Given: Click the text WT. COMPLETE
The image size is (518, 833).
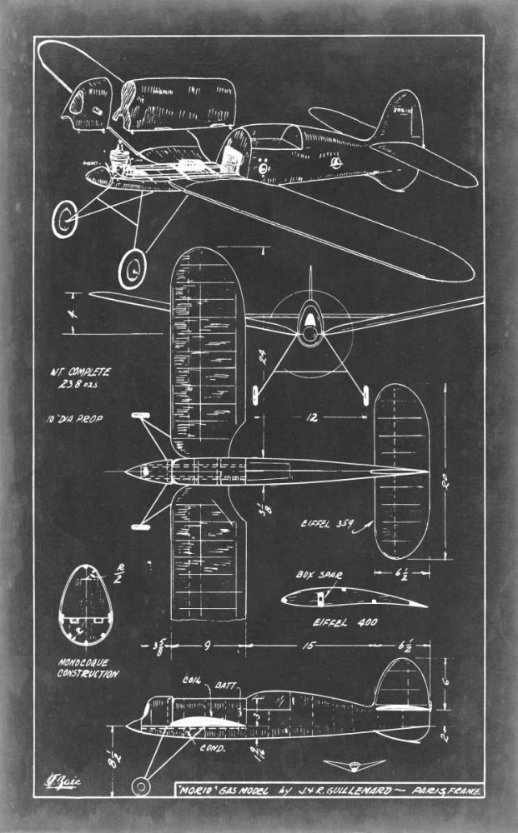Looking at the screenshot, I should [x=80, y=372].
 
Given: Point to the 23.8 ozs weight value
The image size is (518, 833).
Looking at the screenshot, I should [x=82, y=387].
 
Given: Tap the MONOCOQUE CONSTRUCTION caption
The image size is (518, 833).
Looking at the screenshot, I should [x=88, y=668].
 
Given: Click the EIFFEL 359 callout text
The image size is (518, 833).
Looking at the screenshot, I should [x=326, y=525].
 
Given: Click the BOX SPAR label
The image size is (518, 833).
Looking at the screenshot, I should [x=315, y=575].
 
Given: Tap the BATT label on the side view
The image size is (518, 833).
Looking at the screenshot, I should [x=226, y=686].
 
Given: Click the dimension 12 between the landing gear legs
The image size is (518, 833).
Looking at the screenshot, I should [x=311, y=417].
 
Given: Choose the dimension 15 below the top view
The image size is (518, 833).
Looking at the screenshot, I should [x=307, y=644].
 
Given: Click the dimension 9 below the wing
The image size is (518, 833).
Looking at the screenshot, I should [x=207, y=644].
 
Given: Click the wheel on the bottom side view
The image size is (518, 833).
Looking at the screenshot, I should [x=142, y=786].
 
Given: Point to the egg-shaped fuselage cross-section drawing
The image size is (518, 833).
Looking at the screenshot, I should [x=87, y=606].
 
